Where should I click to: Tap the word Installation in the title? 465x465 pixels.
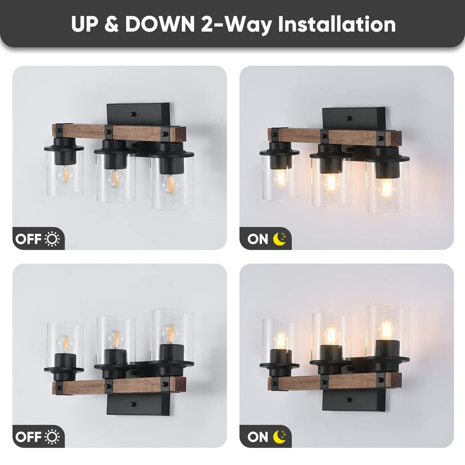pos(337,24)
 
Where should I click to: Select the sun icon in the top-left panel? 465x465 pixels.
pos(52,239)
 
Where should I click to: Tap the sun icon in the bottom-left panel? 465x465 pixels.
pos(52,437)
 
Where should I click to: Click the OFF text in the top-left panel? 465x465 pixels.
pos(28,239)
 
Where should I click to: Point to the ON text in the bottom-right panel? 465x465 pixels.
pos(258,437)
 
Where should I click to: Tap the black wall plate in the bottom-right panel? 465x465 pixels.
pos(353,399)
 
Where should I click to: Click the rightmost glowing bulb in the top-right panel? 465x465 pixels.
pos(386,188)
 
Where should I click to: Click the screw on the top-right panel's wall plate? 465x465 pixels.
pos(348,118)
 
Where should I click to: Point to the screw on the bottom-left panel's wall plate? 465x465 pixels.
pos(133,404)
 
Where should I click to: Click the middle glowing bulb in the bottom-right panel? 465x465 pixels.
pos(331,336)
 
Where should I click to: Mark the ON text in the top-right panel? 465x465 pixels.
pos(258,239)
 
